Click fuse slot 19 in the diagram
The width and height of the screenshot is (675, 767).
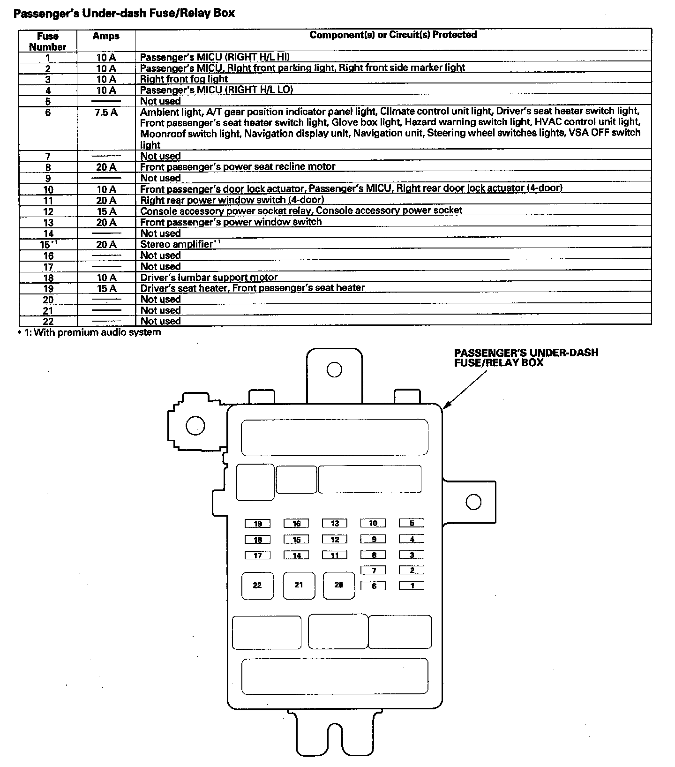coord(257,523)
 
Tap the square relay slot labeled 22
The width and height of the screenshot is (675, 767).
coord(257,585)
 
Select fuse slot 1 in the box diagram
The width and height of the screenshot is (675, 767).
coord(412,586)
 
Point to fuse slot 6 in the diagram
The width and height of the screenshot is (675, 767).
coord(373,586)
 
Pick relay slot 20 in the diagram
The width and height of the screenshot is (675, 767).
coord(338,585)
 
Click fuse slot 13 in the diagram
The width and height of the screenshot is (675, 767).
coord(335,523)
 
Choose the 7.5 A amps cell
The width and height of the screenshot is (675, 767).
coord(106,113)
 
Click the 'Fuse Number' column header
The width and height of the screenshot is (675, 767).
coord(48,41)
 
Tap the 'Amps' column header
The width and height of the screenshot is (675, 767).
coord(106,36)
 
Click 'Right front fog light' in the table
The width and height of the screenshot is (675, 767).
coord(184,79)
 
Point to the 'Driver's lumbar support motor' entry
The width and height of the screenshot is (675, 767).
coord(209,277)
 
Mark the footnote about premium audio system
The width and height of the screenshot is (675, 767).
coord(89,332)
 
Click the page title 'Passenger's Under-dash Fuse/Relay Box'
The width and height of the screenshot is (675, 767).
coord(124,13)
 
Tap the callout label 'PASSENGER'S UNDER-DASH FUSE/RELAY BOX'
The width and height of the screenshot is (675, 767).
coord(526,357)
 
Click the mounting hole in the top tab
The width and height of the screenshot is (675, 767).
coord(334,370)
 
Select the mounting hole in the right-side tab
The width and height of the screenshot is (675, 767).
coord(473,502)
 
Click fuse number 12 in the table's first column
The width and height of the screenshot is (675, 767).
coord(48,211)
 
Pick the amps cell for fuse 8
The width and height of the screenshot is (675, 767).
coord(106,167)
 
